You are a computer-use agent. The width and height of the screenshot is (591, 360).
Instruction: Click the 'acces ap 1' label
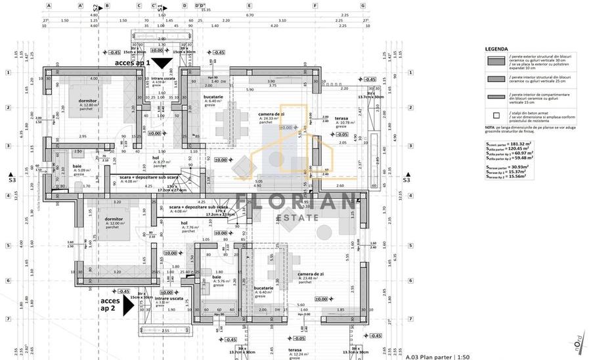click(x=132, y=63)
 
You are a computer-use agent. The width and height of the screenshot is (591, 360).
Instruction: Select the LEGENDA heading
click(x=496, y=49)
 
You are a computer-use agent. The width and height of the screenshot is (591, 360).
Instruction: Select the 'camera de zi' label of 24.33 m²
click(x=271, y=114)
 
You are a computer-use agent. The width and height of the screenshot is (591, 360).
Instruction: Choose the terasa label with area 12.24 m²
click(x=294, y=351)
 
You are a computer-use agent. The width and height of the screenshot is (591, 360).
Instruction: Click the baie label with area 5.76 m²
click(x=217, y=278)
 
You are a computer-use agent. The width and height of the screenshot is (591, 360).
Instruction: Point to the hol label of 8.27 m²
click(x=156, y=158)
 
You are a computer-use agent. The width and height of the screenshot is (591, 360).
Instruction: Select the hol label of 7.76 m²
click(x=185, y=223)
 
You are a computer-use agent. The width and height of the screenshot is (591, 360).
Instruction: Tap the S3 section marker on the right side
click(x=406, y=179)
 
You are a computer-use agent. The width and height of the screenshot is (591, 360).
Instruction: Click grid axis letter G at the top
click(x=363, y=5)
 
